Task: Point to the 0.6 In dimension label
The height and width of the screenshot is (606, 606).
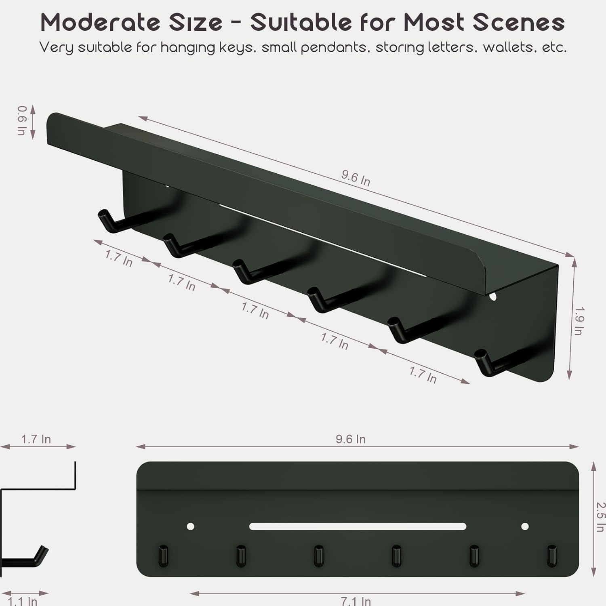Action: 22,120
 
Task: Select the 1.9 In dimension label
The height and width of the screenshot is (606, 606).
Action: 579,321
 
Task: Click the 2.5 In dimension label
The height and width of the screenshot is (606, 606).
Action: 600,517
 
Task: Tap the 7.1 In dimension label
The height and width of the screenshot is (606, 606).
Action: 356,601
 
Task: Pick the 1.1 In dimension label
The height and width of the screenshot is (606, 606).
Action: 23,601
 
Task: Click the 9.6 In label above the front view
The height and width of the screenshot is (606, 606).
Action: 351,439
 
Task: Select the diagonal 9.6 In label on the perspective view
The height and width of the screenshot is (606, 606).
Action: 356,178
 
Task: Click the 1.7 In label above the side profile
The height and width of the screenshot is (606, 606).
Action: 36,439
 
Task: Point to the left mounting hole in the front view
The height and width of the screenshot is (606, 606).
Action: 191,526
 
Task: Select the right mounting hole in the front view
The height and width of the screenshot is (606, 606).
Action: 525,526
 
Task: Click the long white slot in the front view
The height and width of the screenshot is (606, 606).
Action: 358,526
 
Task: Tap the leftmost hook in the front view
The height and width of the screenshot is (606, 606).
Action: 163,556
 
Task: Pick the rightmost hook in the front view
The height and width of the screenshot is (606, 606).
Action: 552,556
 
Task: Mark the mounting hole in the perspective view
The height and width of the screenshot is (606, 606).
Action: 492,297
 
